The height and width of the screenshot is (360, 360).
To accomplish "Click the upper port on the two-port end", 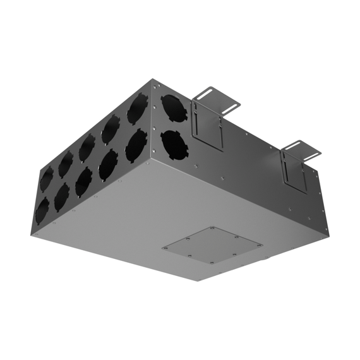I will coord(173,107).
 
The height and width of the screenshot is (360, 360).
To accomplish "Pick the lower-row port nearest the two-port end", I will coord(135,146).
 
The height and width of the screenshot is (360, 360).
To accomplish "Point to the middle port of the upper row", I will coord(87,147).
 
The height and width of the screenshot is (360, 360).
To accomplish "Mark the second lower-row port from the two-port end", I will coord(108,164).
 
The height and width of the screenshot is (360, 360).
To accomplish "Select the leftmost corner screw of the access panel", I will coord(165,248).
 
